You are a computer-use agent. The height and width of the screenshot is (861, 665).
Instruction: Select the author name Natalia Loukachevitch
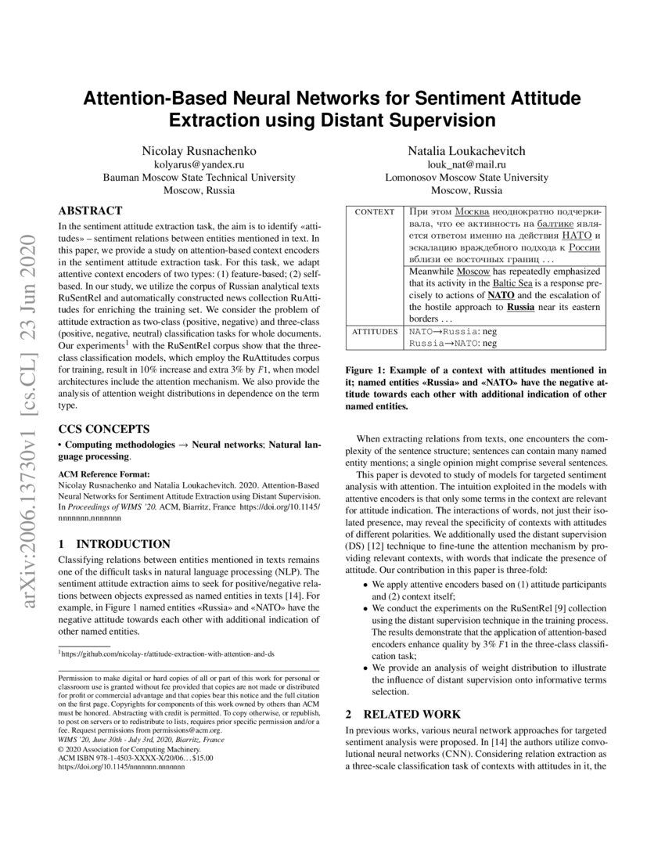pos(467,150)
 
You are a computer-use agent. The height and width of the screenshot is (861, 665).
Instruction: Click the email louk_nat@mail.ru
pos(467,164)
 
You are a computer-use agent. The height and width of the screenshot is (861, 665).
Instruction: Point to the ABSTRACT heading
pos(91,211)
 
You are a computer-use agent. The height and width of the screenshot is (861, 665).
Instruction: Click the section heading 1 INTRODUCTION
pos(114,544)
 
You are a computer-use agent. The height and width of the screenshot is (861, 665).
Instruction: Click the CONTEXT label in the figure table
pos(375,212)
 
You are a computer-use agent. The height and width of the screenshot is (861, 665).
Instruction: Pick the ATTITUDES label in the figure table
pos(375,332)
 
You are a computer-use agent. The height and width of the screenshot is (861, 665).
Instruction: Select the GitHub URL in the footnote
pos(168,653)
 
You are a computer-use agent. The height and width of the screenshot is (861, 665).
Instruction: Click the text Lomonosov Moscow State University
pos(467,178)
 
